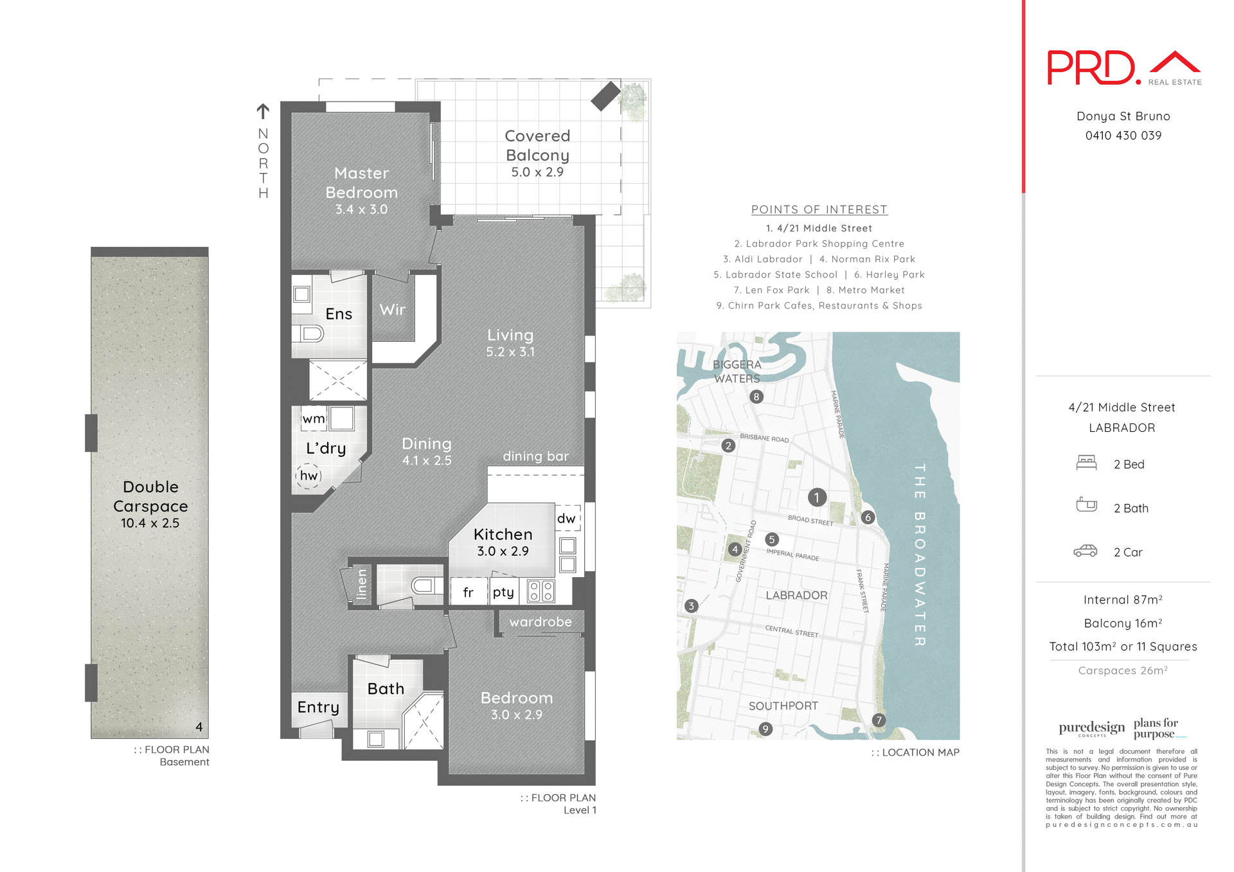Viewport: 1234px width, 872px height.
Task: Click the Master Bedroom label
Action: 361,183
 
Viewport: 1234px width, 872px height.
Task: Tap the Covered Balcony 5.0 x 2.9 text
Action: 537,154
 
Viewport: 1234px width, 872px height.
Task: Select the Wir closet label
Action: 392,310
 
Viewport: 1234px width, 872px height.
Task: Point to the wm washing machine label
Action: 314,419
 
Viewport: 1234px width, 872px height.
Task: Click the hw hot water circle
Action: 308,476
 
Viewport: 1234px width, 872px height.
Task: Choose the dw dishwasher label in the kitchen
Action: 566,519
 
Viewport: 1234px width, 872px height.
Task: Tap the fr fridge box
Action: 468,592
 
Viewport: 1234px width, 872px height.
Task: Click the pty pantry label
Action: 503,592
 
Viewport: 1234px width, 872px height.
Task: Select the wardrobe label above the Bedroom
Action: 541,622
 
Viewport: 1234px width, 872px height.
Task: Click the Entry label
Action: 318,707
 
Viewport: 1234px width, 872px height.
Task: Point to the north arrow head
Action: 263,109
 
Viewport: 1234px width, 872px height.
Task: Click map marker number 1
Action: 817,497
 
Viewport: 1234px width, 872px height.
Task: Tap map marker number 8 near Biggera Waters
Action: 756,397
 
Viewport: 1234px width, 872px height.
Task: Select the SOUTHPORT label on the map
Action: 783,706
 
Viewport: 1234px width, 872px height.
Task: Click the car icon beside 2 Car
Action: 1086,551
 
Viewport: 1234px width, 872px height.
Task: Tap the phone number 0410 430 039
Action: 1123,136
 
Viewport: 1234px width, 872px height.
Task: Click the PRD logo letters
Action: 1091,68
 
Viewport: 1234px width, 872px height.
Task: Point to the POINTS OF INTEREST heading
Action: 819,209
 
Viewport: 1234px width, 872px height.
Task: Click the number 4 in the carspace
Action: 199,727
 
